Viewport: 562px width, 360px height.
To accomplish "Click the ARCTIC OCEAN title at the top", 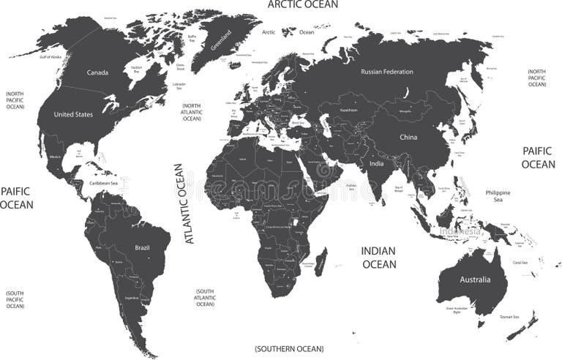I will pos(302,4).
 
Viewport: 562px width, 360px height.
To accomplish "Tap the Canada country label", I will pos(97,72).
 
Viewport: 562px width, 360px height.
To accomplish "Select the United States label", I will pos(73,114).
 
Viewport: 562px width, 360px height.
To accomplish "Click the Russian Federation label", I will pos(387,72).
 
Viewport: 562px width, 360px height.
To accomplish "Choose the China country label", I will pos(408,137).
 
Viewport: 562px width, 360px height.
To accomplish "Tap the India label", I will pos(375,164).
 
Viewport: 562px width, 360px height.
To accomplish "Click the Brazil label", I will pos(142,248).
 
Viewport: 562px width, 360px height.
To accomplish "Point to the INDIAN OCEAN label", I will pos(378,258).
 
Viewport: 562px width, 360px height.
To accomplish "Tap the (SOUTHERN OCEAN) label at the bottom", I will pos(289,349).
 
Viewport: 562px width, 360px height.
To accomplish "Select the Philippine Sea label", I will pos(498,195).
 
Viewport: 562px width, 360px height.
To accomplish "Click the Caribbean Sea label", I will pos(103,183).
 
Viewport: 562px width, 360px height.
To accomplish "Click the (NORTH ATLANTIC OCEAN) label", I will pos(192,113).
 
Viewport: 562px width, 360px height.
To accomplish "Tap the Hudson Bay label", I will pos(136,70).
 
